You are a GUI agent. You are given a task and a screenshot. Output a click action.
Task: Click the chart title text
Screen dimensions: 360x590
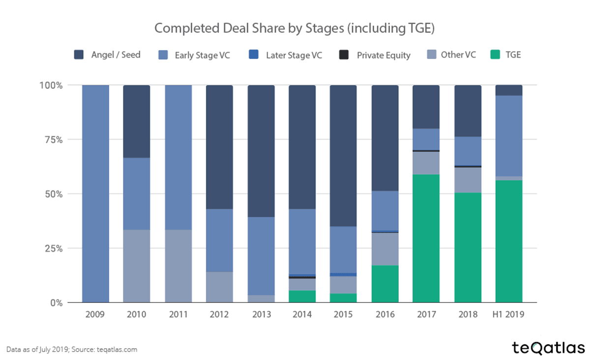tap(295, 28)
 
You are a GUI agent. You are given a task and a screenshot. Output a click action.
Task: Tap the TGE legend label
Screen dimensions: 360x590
tap(513, 55)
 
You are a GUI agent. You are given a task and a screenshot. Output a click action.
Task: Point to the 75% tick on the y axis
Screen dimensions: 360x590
tap(52, 140)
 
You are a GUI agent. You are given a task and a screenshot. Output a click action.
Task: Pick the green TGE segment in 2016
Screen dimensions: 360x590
tap(384, 284)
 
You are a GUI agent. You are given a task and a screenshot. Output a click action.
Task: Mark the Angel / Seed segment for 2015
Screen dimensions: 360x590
tap(343, 155)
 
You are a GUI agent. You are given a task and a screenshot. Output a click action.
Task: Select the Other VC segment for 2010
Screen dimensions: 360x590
tap(136, 266)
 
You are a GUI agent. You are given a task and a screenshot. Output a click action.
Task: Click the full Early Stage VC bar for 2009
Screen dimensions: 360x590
tap(95, 194)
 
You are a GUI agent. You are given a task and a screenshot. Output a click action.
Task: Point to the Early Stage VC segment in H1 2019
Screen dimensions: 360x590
tap(509, 136)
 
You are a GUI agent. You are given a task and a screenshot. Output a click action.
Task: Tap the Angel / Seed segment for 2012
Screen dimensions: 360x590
tap(219, 147)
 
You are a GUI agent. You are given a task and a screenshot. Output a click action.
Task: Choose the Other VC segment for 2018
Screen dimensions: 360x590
tap(468, 180)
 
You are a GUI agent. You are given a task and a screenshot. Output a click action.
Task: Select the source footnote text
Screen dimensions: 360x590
tap(72, 350)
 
